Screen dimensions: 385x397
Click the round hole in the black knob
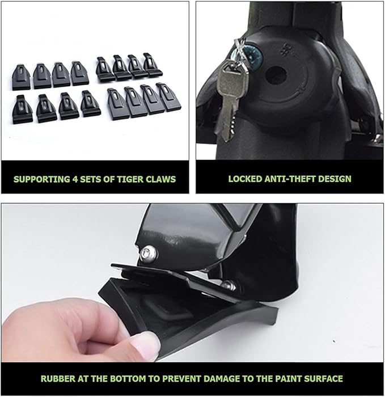click(x=276, y=75)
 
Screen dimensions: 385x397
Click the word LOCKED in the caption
click(x=245, y=179)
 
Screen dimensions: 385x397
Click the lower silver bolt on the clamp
click(x=229, y=285)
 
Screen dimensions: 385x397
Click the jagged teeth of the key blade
click(x=232, y=124)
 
